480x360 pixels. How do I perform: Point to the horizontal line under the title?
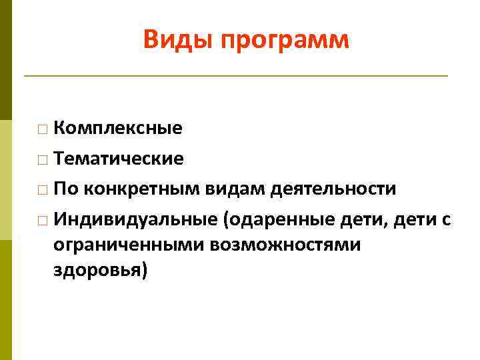coord(236,76)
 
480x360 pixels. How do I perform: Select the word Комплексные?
coord(118,128)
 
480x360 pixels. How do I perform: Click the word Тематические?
coord(119,159)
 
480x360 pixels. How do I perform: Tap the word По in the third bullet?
coord(65,189)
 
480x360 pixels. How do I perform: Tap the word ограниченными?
coord(129,245)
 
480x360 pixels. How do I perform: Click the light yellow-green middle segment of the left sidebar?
coord(6,180)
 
